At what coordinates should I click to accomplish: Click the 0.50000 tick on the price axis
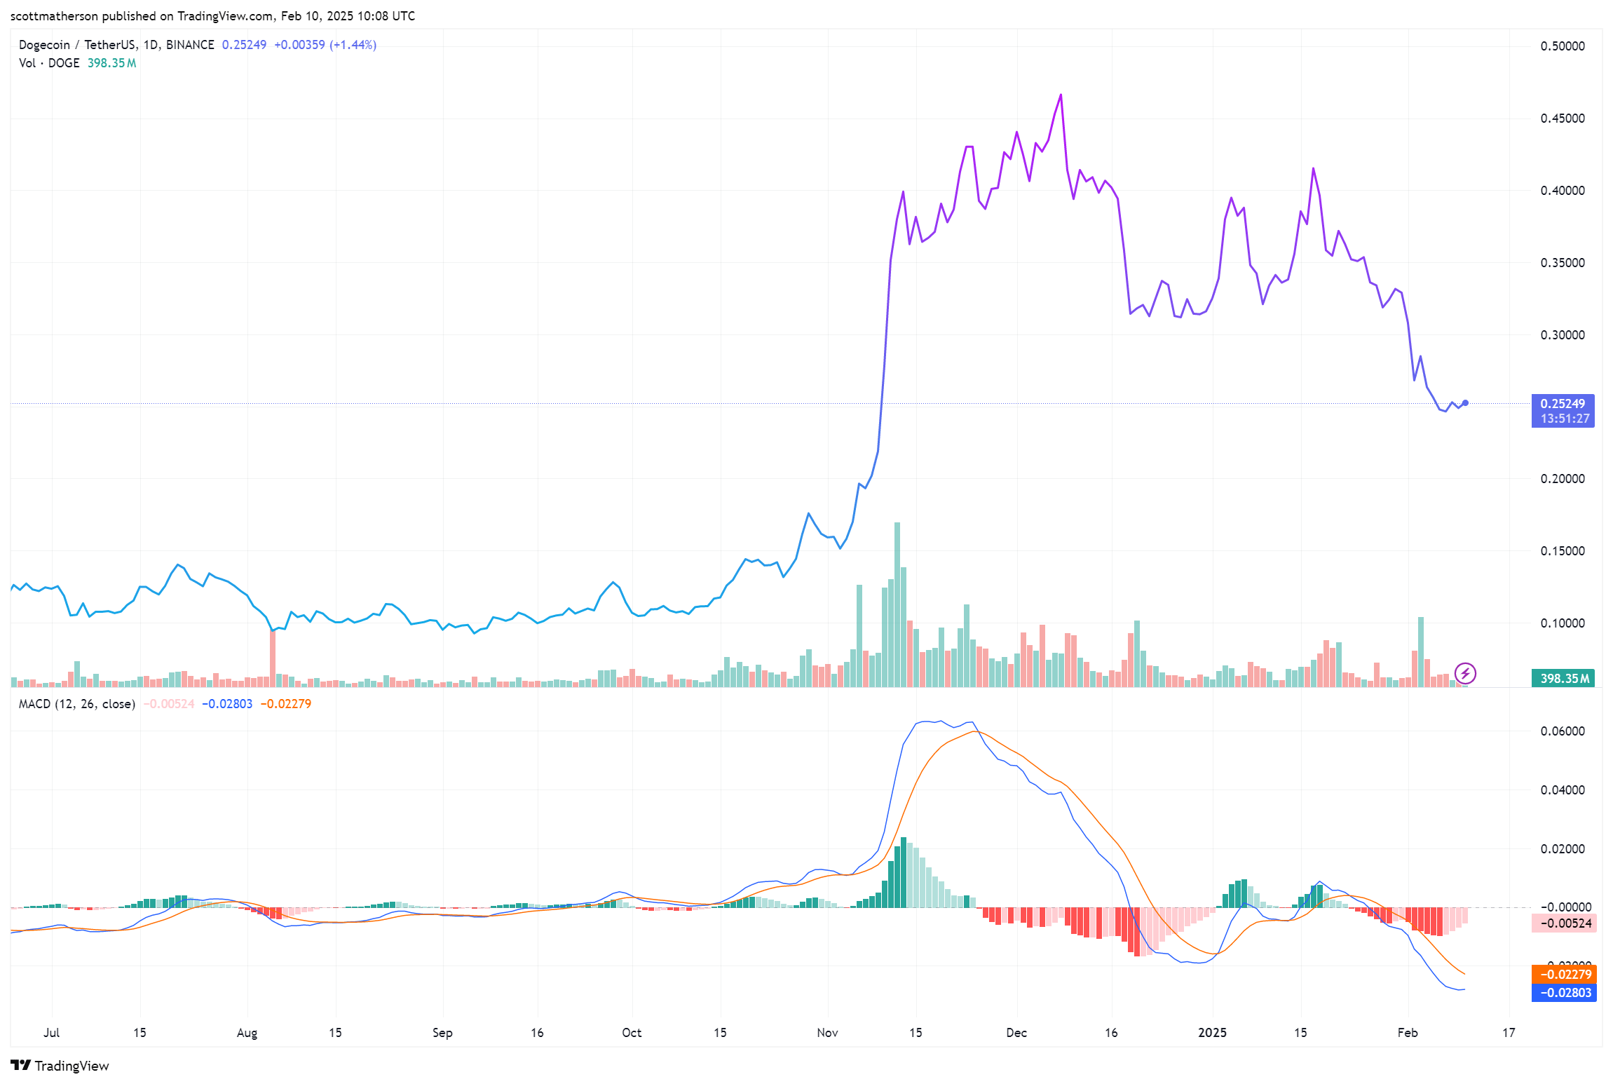click(1562, 46)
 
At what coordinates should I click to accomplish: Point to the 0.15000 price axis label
click(1562, 551)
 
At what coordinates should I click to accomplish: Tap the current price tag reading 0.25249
click(1562, 404)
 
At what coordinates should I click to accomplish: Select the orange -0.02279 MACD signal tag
click(1563, 974)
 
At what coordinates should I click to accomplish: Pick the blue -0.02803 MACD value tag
click(1563, 993)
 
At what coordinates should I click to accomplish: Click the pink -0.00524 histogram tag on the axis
click(1563, 923)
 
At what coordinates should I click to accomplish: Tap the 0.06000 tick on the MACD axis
click(1562, 731)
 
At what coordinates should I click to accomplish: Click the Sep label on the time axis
click(442, 1032)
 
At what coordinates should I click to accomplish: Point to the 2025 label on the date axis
click(1212, 1032)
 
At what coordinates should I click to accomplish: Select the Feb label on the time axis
click(1407, 1032)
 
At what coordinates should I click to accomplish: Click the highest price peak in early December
click(1061, 95)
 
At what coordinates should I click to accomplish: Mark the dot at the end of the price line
click(1465, 402)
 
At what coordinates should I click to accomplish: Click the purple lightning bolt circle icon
click(1465, 674)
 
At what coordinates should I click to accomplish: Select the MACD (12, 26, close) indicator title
click(76, 703)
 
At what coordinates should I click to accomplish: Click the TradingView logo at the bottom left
click(60, 1066)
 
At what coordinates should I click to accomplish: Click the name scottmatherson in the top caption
click(54, 15)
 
